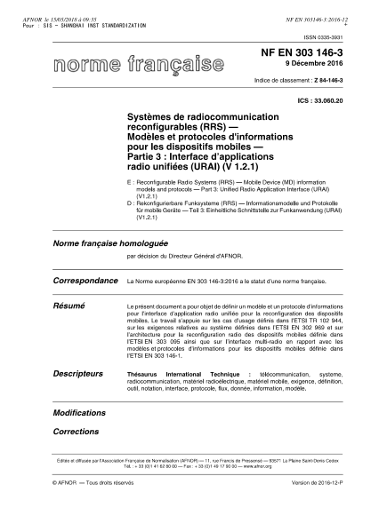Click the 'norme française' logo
pos(138,64)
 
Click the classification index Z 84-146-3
pos(317,81)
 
